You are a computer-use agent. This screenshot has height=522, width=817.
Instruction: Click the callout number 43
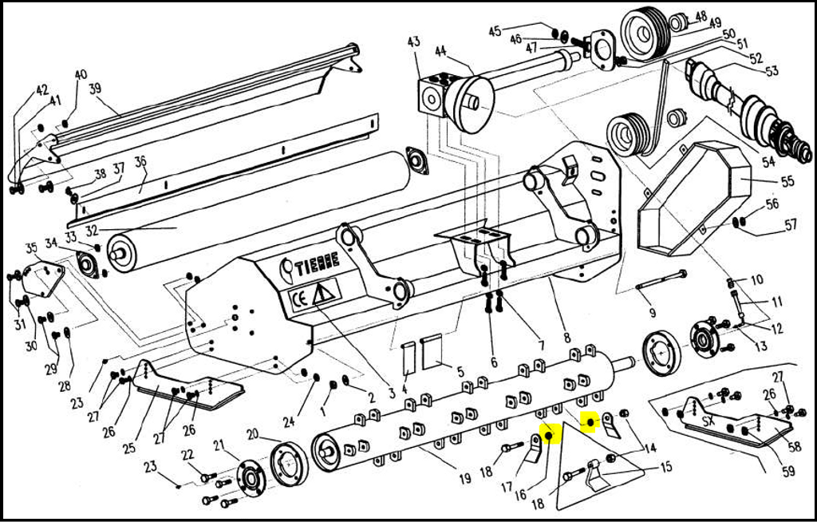pyautogui.click(x=413, y=42)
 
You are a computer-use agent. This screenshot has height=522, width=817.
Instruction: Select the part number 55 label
pyautogui.click(x=787, y=182)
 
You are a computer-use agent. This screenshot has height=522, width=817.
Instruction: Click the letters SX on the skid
pyautogui.click(x=708, y=421)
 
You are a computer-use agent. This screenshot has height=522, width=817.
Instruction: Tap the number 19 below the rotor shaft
pyautogui.click(x=464, y=479)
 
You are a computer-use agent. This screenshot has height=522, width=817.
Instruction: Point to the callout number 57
pyautogui.click(x=790, y=225)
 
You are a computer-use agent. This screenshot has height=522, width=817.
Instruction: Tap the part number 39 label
pyautogui.click(x=95, y=89)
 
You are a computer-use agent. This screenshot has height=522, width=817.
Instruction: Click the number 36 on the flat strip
pyautogui.click(x=140, y=162)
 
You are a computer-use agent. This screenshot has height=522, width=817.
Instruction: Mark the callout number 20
pyautogui.click(x=252, y=434)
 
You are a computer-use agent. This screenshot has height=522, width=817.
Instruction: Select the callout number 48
pyautogui.click(x=701, y=16)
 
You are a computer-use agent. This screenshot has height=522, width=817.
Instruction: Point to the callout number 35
pyautogui.click(x=32, y=247)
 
